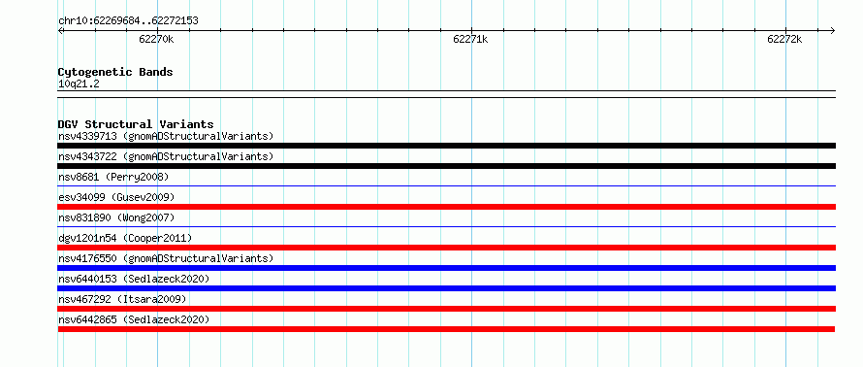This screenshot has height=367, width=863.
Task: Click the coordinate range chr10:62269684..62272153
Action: pyautogui.click(x=128, y=21)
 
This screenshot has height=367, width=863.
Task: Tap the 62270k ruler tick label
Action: pyautogui.click(x=157, y=39)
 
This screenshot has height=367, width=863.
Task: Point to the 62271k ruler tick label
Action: pyautogui.click(x=470, y=39)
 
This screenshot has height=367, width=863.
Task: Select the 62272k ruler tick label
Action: pyautogui.click(x=784, y=39)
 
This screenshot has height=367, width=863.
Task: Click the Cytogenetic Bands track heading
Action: pyautogui.click(x=115, y=72)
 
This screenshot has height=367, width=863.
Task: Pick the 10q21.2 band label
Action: pyautogui.click(x=79, y=84)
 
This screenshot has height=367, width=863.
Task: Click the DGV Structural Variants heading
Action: pyautogui.click(x=136, y=124)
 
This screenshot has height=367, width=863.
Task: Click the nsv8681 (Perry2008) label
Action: pyautogui.click(x=113, y=177)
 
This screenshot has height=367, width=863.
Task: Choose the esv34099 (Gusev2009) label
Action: pyautogui.click(x=116, y=197)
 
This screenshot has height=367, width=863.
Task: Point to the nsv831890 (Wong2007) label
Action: pyautogui.click(x=116, y=217)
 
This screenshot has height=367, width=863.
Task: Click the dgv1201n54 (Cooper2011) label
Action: pyautogui.click(x=125, y=238)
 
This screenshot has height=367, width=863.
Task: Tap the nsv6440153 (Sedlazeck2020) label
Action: pyautogui.click(x=134, y=279)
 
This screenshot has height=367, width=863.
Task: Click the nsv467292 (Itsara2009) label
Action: pyautogui.click(x=122, y=299)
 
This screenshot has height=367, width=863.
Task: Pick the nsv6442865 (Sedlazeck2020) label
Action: pyautogui.click(x=134, y=319)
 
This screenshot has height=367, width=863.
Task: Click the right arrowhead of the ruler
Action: pyautogui.click(x=833, y=30)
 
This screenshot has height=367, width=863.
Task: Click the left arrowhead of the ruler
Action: pyautogui.click(x=60, y=30)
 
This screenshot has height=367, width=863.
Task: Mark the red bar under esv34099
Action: pyautogui.click(x=446, y=207)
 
